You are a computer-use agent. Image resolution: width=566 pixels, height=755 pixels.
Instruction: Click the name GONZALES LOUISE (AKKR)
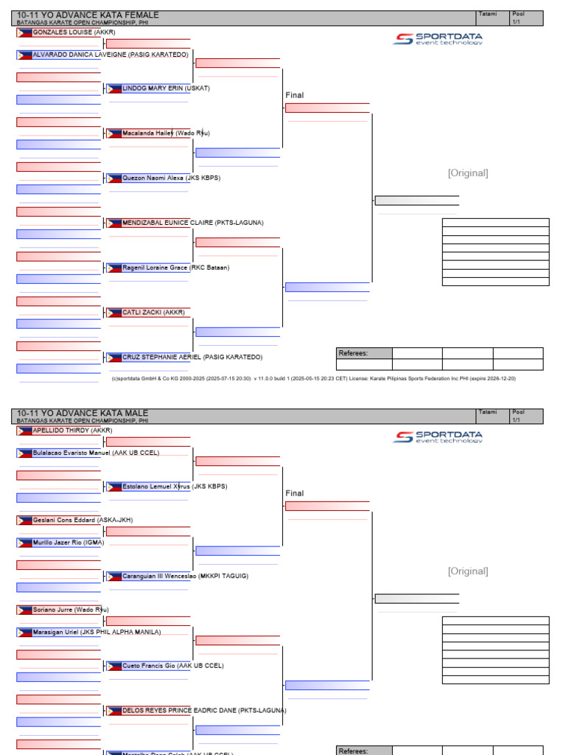(x=74, y=32)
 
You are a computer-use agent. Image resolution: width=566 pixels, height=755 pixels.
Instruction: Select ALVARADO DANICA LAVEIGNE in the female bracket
(x=111, y=55)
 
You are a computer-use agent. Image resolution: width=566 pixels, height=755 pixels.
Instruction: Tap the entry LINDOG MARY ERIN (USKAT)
(x=166, y=88)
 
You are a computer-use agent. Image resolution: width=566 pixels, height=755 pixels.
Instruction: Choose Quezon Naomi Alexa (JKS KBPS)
(x=171, y=178)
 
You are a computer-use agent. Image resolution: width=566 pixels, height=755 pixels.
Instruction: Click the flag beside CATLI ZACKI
(x=114, y=313)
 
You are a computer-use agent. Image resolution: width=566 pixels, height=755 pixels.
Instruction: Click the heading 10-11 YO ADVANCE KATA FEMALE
(x=88, y=15)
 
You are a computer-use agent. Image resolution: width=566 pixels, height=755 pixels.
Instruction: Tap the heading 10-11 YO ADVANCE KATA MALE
(x=83, y=413)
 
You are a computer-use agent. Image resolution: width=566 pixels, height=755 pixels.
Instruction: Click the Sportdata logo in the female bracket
(x=438, y=39)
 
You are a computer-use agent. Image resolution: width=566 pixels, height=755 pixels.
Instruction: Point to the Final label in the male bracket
(x=295, y=493)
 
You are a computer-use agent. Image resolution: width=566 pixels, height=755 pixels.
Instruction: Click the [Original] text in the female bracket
(x=468, y=173)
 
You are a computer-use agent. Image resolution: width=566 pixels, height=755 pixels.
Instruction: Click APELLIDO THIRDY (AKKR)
(x=72, y=430)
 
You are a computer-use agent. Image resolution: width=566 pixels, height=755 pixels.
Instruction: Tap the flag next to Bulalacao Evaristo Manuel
(x=24, y=453)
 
